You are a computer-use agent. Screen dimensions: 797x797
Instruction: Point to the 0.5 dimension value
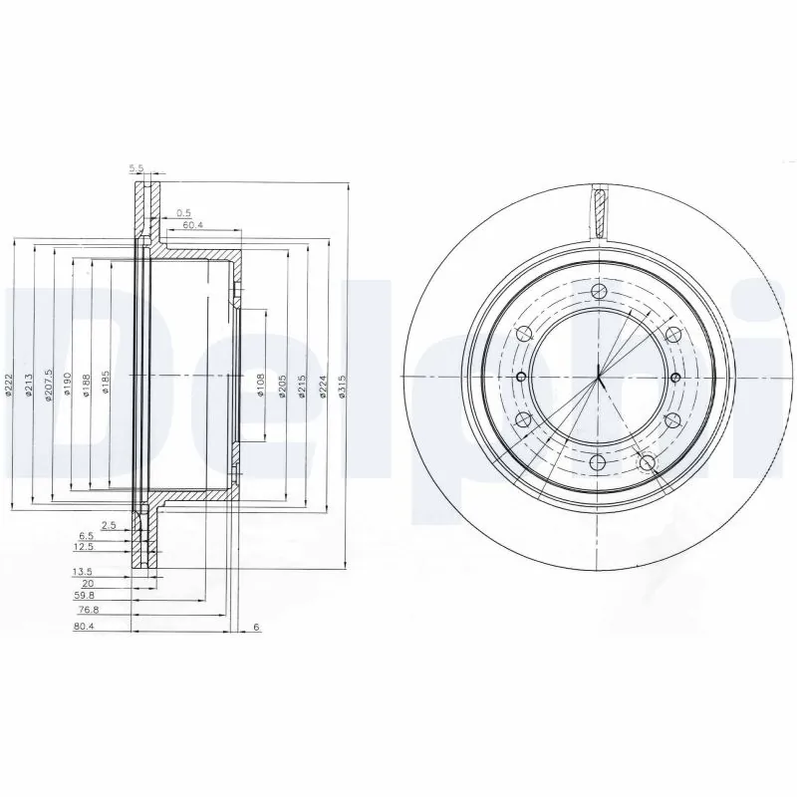pyautogui.click(x=183, y=212)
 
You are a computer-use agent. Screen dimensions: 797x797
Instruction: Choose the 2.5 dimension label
pyautogui.click(x=110, y=524)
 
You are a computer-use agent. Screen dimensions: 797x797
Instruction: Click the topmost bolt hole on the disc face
pyautogui.click(x=599, y=291)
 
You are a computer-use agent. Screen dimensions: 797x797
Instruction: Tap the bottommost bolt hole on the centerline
pyautogui.click(x=599, y=462)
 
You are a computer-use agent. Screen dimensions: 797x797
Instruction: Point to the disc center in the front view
pyautogui.click(x=599, y=377)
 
